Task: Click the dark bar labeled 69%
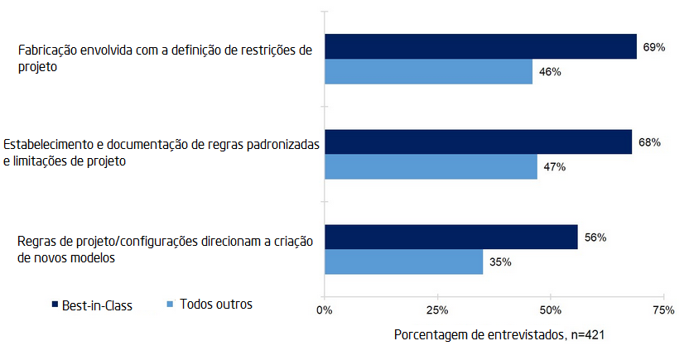(480, 46)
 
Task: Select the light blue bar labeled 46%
(428, 72)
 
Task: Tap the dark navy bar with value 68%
(478, 142)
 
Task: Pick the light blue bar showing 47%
(431, 167)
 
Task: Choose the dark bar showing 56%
(450, 237)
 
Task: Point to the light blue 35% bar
(403, 262)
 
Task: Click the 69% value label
(654, 47)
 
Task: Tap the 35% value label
(500, 263)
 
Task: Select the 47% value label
(554, 167)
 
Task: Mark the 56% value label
(595, 238)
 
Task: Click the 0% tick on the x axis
(325, 310)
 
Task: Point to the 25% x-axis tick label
(437, 310)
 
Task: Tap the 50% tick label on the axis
(550, 310)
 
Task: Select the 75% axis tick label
(662, 310)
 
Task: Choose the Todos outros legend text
(216, 304)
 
